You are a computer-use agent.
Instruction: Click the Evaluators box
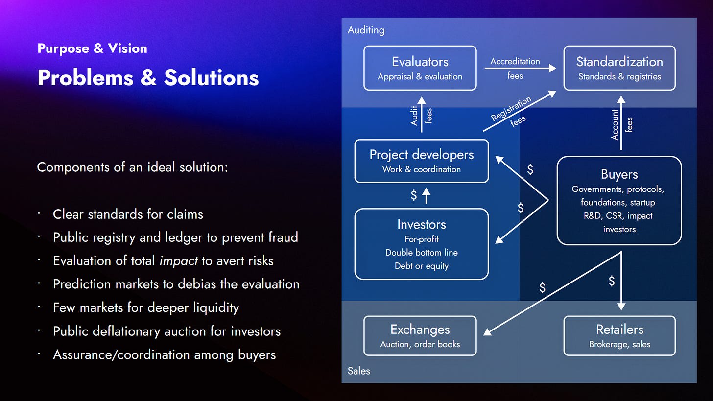[420, 68]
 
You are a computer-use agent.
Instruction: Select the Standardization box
[619, 68]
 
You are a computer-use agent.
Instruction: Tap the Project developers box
[421, 161]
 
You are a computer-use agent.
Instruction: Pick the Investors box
[421, 244]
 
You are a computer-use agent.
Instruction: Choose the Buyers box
[619, 200]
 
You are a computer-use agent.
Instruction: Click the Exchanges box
[420, 335]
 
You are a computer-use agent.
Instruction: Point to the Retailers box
[619, 335]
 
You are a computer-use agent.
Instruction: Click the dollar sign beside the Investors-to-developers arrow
[414, 196]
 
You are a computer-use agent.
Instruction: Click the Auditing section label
[366, 30]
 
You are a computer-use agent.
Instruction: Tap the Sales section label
[358, 371]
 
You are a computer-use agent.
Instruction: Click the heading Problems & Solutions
[148, 77]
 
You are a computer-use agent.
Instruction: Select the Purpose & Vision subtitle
[92, 48]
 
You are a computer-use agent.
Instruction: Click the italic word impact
[179, 260]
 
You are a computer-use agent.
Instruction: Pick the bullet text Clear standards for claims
[128, 214]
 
